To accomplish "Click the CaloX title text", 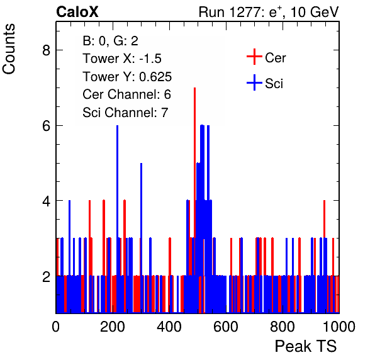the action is tap(77, 12).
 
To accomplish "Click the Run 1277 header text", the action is tap(269, 12).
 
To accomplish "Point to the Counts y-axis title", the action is tap(9, 49).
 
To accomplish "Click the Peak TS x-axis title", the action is tap(306, 346).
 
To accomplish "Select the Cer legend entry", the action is tap(266, 57).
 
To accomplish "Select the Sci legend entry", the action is tap(265, 83).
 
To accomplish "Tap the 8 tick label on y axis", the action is tap(46, 50).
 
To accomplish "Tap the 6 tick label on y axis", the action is tap(46, 126).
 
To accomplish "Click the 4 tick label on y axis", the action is tap(46, 201).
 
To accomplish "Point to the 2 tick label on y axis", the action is tap(46, 276).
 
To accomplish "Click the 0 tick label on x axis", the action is tap(56, 327).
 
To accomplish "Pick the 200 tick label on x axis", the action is tap(113, 327).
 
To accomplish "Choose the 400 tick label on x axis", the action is tap(169, 327).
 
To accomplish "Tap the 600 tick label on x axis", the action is tap(226, 327).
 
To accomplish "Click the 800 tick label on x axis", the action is tap(283, 327).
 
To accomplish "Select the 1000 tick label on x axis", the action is tap(339, 327).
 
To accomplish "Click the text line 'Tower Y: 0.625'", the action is tap(127, 77).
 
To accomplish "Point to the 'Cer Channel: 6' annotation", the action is tap(126, 94).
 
